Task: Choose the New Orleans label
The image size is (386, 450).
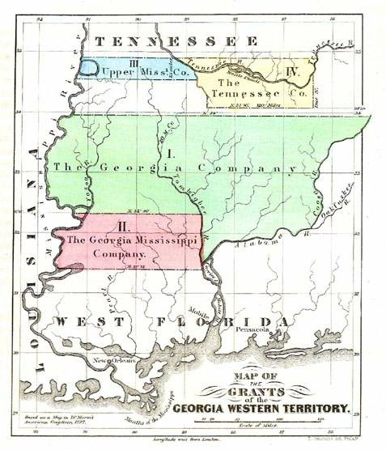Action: pos(108,361)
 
